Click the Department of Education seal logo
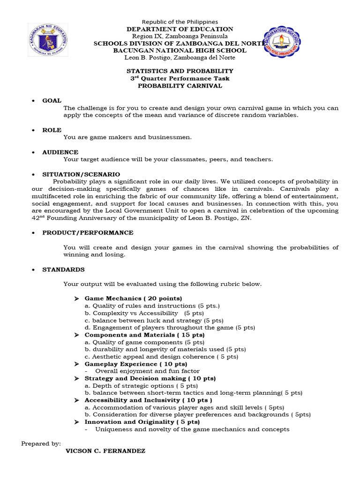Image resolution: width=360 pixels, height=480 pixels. (47, 40)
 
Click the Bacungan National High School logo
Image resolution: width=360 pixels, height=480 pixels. (282, 41)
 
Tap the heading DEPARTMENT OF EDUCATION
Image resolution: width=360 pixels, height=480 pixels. (180, 29)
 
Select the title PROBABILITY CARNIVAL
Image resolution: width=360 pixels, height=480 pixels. (180, 86)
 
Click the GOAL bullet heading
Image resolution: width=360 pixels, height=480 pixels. (52, 101)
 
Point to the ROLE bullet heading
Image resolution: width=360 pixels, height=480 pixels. (52, 130)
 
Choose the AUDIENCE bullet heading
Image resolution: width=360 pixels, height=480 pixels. (60, 152)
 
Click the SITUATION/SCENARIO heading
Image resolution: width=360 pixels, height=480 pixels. (81, 174)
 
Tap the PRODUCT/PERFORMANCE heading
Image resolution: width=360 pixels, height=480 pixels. (88, 232)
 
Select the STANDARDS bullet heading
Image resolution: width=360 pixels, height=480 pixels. (63, 270)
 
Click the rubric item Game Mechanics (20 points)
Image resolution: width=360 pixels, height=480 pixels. (133, 298)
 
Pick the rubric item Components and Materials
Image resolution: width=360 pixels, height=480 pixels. (144, 335)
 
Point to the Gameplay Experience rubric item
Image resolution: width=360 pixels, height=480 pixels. (135, 364)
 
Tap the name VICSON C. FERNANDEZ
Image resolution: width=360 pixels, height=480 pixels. (106, 451)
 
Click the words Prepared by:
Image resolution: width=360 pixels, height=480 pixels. (41, 443)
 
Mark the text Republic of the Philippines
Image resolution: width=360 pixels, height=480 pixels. (180, 22)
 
